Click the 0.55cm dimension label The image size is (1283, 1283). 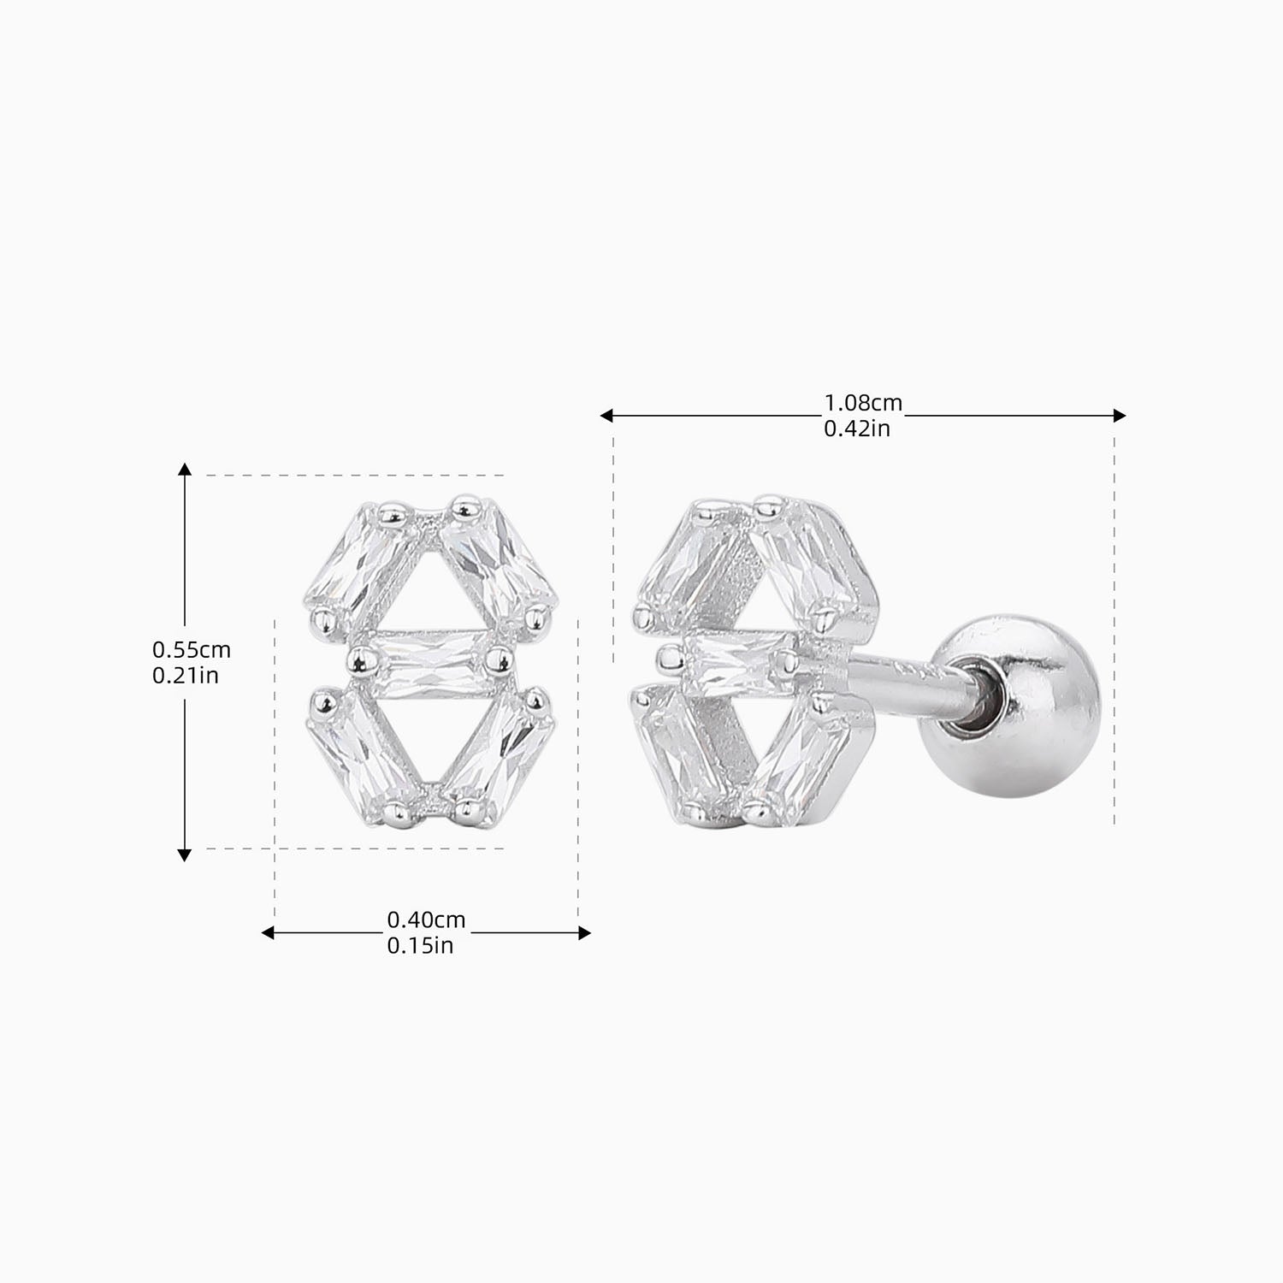point(191,650)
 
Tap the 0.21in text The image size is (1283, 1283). point(185,676)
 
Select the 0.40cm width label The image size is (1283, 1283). point(426,920)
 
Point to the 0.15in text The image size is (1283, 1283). point(420,946)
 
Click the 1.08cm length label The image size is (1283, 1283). point(862,402)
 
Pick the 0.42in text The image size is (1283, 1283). point(856,429)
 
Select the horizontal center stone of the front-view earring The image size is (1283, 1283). point(424,662)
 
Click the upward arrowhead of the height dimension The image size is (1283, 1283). point(184,469)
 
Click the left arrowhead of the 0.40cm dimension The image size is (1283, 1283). point(267,933)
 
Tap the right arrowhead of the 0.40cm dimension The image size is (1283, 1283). point(585,933)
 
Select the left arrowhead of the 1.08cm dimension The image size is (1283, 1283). point(606,416)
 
